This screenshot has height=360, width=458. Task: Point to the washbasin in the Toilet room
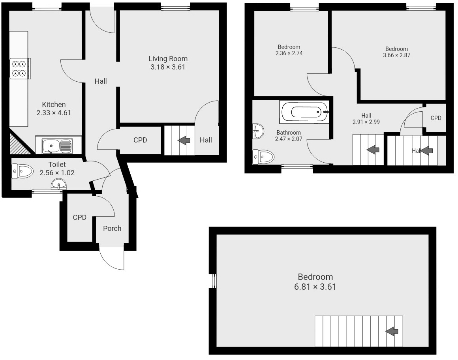[x=59, y=184]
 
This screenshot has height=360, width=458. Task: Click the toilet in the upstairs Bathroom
[x=264, y=157]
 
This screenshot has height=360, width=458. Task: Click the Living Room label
[x=168, y=59]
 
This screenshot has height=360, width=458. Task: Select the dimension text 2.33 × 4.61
[x=54, y=113]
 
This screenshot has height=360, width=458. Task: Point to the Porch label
[x=112, y=229]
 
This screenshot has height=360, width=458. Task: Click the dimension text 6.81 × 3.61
[x=315, y=287]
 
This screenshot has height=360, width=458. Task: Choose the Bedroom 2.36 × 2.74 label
[x=289, y=47]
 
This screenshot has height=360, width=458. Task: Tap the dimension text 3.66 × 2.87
[x=396, y=55]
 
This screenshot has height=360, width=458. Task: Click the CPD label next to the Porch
[x=79, y=217]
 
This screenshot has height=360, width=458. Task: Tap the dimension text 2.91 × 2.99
[x=366, y=122]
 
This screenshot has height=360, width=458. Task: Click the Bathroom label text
[x=289, y=133]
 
